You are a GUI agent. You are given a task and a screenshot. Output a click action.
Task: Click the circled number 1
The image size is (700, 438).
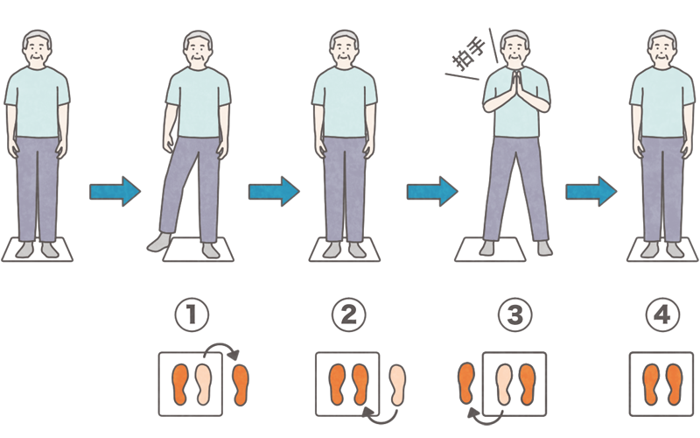click(x=192, y=314)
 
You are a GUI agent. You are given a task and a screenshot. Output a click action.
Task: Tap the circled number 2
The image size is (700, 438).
click(x=348, y=314)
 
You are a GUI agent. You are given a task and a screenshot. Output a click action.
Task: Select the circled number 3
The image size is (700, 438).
click(x=514, y=314)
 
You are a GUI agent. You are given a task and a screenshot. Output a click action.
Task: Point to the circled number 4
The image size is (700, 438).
click(x=663, y=314)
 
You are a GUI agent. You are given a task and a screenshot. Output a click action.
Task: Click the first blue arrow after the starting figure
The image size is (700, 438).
click(x=115, y=191)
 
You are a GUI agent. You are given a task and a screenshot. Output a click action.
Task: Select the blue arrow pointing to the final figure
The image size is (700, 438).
click(x=591, y=191)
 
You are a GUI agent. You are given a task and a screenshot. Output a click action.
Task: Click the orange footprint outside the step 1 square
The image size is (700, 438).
click(x=241, y=385)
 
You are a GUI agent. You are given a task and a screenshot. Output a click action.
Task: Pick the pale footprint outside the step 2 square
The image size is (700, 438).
click(x=397, y=385)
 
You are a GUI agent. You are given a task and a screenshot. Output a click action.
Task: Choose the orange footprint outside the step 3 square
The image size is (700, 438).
click(x=466, y=383)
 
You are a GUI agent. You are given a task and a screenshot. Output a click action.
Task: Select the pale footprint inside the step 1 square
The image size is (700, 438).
click(x=203, y=385)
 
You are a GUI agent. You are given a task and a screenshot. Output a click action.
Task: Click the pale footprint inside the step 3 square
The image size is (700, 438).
click(x=504, y=385)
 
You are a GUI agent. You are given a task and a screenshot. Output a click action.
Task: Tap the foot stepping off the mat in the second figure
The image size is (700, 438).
click(x=159, y=242)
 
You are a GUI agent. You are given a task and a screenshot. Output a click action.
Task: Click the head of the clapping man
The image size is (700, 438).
click(x=515, y=48)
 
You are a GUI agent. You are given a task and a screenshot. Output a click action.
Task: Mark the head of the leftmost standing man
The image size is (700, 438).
click(x=37, y=48)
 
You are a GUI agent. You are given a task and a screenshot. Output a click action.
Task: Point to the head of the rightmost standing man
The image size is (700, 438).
click(x=662, y=48)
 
